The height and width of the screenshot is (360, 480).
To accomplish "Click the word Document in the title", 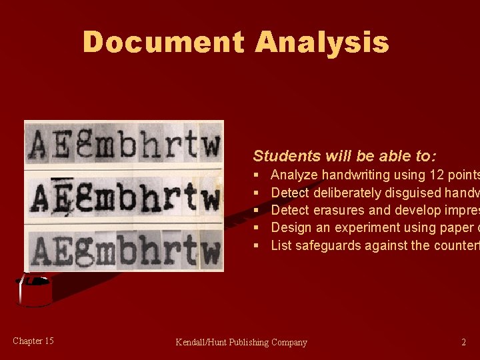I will pyautogui.click(x=164, y=42).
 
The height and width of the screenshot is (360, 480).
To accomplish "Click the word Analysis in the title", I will pyautogui.click(x=321, y=42).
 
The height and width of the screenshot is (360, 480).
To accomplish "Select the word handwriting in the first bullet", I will pyautogui.click(x=351, y=175).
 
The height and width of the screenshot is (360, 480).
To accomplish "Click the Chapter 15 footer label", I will pyautogui.click(x=33, y=341).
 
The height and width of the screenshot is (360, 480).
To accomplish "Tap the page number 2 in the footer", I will pyautogui.click(x=463, y=343).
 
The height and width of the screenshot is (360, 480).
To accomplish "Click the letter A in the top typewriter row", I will pyautogui.click(x=38, y=143).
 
